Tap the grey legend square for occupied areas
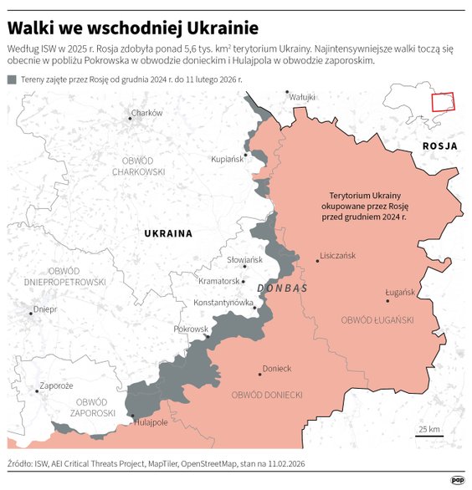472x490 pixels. click(x=11, y=79)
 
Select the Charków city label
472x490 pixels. click(x=146, y=112)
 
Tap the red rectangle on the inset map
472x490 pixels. click(x=441, y=102)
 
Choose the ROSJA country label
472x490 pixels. click(x=439, y=145)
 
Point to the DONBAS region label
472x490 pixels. click(x=283, y=288)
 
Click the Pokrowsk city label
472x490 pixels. click(x=191, y=329)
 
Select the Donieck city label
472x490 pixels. click(x=277, y=368)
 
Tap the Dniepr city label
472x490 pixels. click(x=44, y=309)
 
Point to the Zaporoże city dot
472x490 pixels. click(x=36, y=390)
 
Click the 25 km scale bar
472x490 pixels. click(x=429, y=435)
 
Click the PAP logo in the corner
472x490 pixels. click(x=458, y=480)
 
